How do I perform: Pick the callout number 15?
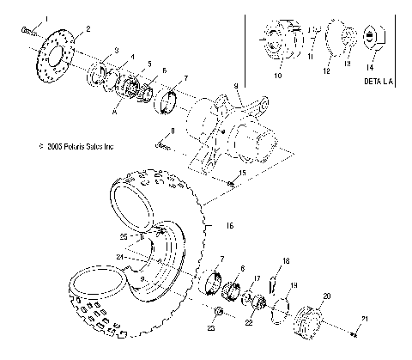[243, 173]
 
